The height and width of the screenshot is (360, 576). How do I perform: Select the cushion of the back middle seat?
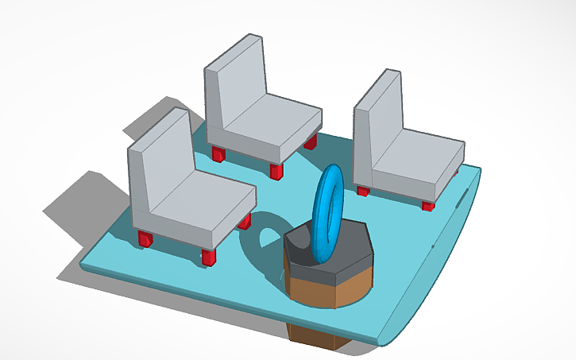click(x=274, y=127)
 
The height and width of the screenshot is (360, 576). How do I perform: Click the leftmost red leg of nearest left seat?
click(x=145, y=238)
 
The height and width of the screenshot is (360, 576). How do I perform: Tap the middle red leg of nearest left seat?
click(x=209, y=256)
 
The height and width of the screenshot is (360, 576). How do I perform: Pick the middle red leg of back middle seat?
click(x=276, y=171)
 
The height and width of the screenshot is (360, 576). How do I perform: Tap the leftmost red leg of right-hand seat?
click(x=363, y=190)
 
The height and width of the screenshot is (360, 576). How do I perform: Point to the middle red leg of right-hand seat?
click(x=428, y=206)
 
